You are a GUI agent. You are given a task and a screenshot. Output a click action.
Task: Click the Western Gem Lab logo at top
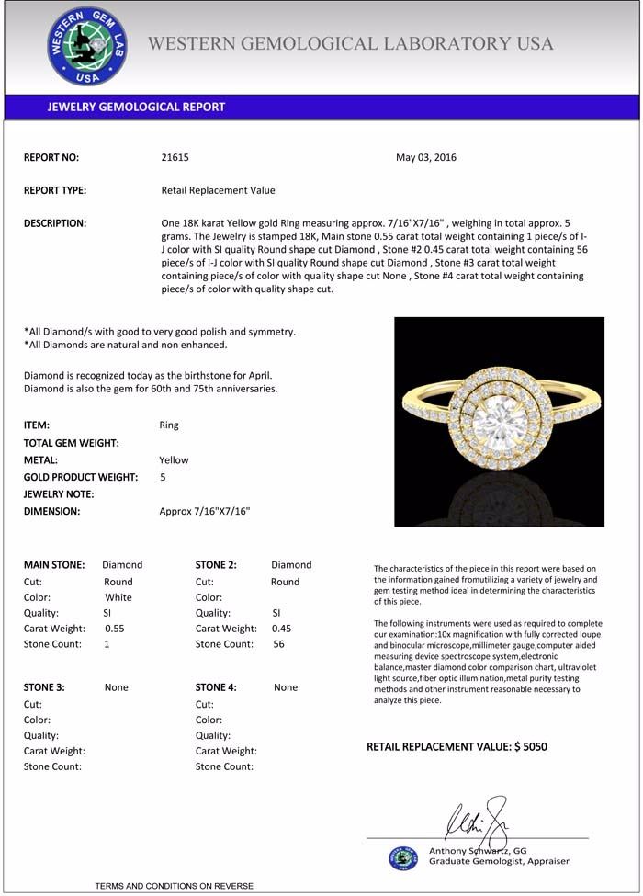87,46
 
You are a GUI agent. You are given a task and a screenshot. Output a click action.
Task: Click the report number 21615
175,157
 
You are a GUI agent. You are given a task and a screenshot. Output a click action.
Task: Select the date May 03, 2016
425,157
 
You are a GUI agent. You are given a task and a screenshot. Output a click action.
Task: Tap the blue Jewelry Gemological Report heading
136,107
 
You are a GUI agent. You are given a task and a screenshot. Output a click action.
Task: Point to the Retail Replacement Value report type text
218,190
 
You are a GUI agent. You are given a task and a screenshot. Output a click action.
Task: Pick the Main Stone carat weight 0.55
115,629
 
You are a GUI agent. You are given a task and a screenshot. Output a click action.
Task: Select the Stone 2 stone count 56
278,644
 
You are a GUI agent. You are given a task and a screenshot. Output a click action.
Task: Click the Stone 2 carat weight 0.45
284,629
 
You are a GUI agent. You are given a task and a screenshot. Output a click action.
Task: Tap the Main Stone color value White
119,597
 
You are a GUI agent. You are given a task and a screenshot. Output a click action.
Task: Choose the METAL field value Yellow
174,459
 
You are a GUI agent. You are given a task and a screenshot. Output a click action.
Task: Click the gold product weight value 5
163,477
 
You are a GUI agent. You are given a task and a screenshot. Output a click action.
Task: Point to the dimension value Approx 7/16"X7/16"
205,511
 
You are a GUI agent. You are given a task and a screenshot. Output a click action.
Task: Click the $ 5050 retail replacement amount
530,746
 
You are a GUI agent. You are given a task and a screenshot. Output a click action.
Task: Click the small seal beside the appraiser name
402,858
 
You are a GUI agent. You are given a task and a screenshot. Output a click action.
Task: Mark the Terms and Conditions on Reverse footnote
174,886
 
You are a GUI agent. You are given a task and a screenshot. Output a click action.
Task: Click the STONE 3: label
44,687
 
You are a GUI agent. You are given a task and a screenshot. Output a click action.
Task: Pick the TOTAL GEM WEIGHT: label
72,443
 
